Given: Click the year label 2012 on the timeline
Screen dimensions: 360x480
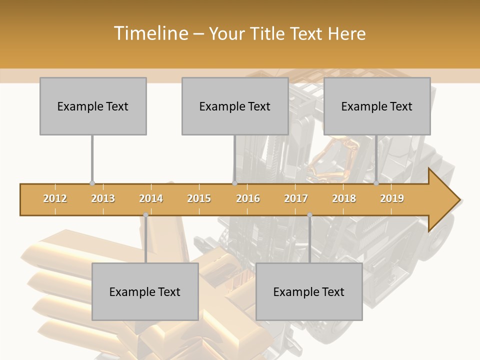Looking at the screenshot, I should coord(55,198).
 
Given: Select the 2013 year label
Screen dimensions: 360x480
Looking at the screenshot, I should coord(103,198).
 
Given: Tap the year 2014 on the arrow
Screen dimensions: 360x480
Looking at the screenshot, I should coord(151,198).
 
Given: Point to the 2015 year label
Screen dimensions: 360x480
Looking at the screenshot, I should coord(199,198).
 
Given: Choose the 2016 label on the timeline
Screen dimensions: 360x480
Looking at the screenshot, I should coord(248,198).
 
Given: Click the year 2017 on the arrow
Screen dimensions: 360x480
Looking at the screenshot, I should coord(296,198).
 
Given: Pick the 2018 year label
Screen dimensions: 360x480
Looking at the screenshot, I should coord(344,198).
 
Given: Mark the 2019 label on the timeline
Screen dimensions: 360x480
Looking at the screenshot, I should coord(392,198).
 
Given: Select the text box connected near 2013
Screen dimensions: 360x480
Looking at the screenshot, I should coord(93,106).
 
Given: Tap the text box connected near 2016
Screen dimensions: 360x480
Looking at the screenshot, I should coord(235,106).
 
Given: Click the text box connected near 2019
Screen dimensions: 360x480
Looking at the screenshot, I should coord(377,106).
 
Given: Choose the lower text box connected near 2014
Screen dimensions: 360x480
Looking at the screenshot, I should coord(145,291).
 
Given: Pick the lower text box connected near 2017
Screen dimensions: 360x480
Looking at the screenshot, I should coord(309,291).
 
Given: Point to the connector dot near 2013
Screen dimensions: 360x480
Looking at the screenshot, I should coord(92,183).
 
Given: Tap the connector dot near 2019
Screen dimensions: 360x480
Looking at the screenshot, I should coord(376,183).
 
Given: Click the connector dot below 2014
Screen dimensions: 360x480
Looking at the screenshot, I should coord(145,215).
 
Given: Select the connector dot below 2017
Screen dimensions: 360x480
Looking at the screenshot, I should coord(309,215).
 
